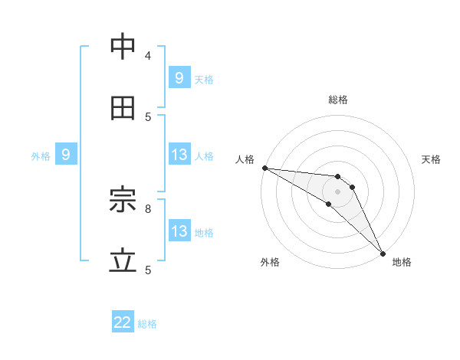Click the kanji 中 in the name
pyautogui.click(x=123, y=47)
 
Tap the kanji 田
pyautogui.click(x=123, y=109)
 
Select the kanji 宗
pyautogui.click(x=123, y=201)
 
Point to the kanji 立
pyautogui.click(x=123, y=262)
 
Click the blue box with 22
pyautogui.click(x=123, y=323)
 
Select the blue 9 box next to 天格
pyautogui.click(x=179, y=77)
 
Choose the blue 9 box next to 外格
pyautogui.click(x=66, y=155)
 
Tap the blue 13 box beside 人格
pyautogui.click(x=179, y=155)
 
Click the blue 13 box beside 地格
pyautogui.click(x=179, y=231)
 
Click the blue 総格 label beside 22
pyautogui.click(x=147, y=324)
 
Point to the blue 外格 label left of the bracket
pyautogui.click(x=41, y=155)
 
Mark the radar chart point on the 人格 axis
pyautogui.click(x=264, y=168)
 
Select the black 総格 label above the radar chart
pyautogui.click(x=337, y=100)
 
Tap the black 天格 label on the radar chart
pyautogui.click(x=431, y=159)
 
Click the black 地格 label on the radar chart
pyautogui.click(x=402, y=262)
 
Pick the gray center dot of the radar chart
pyautogui.click(x=337, y=191)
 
